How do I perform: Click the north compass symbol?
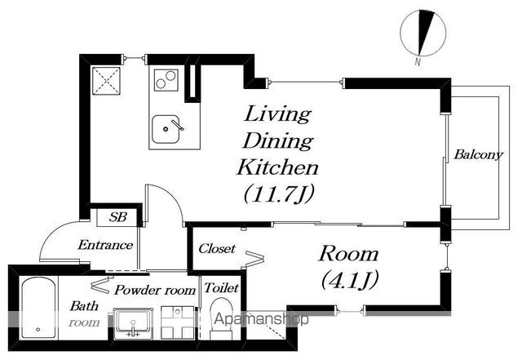(422, 33)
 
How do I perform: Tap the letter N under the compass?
(418, 62)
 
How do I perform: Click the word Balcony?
(479, 154)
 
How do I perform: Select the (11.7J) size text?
(279, 194)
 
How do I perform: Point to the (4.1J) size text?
(350, 280)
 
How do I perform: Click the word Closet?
(217, 249)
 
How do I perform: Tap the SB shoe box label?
(118, 217)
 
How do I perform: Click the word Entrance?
(105, 246)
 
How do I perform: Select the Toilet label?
(221, 287)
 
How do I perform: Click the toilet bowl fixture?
(221, 318)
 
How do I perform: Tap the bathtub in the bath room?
(38, 309)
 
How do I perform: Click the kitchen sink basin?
(166, 129)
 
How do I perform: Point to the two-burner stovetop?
(166, 80)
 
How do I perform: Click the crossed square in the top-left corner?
(106, 81)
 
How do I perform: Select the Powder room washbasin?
(133, 323)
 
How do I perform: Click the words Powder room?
(155, 290)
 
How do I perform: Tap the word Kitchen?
(277, 167)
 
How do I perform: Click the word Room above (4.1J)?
(349, 255)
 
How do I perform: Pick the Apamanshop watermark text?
(261, 319)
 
